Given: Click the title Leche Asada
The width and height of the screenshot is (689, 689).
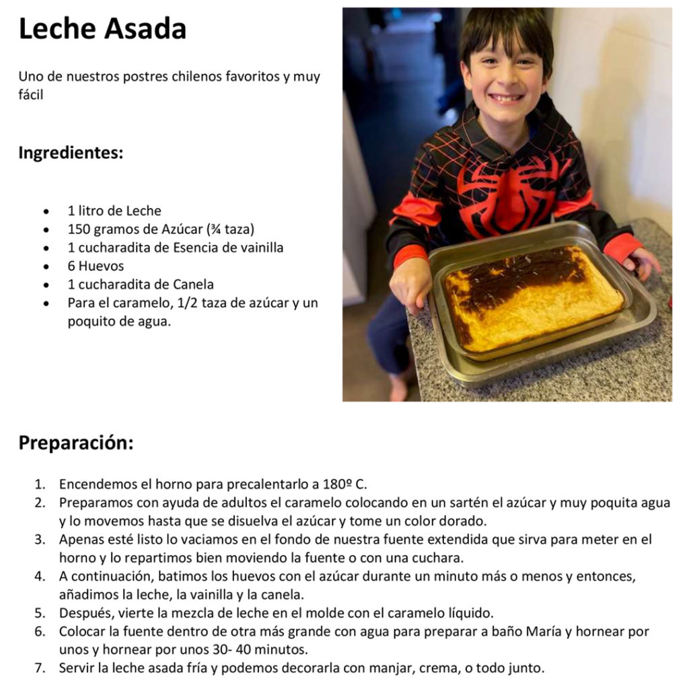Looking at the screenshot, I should (x=102, y=28).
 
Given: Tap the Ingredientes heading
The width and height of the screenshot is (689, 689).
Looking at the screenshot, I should (x=71, y=153).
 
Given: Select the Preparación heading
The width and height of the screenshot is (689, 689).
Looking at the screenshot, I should (x=76, y=443).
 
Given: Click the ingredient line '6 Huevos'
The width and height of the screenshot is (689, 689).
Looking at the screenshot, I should (x=96, y=266).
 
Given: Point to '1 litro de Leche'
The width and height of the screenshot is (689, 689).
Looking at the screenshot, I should (x=114, y=211).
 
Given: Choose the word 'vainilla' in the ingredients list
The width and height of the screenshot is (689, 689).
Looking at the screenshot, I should (x=262, y=248).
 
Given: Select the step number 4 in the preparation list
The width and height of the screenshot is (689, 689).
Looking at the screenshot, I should (x=40, y=576).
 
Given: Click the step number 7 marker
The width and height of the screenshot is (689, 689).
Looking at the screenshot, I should (x=40, y=668).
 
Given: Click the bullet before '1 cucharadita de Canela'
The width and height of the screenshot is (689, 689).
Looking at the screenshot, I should (x=46, y=285).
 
